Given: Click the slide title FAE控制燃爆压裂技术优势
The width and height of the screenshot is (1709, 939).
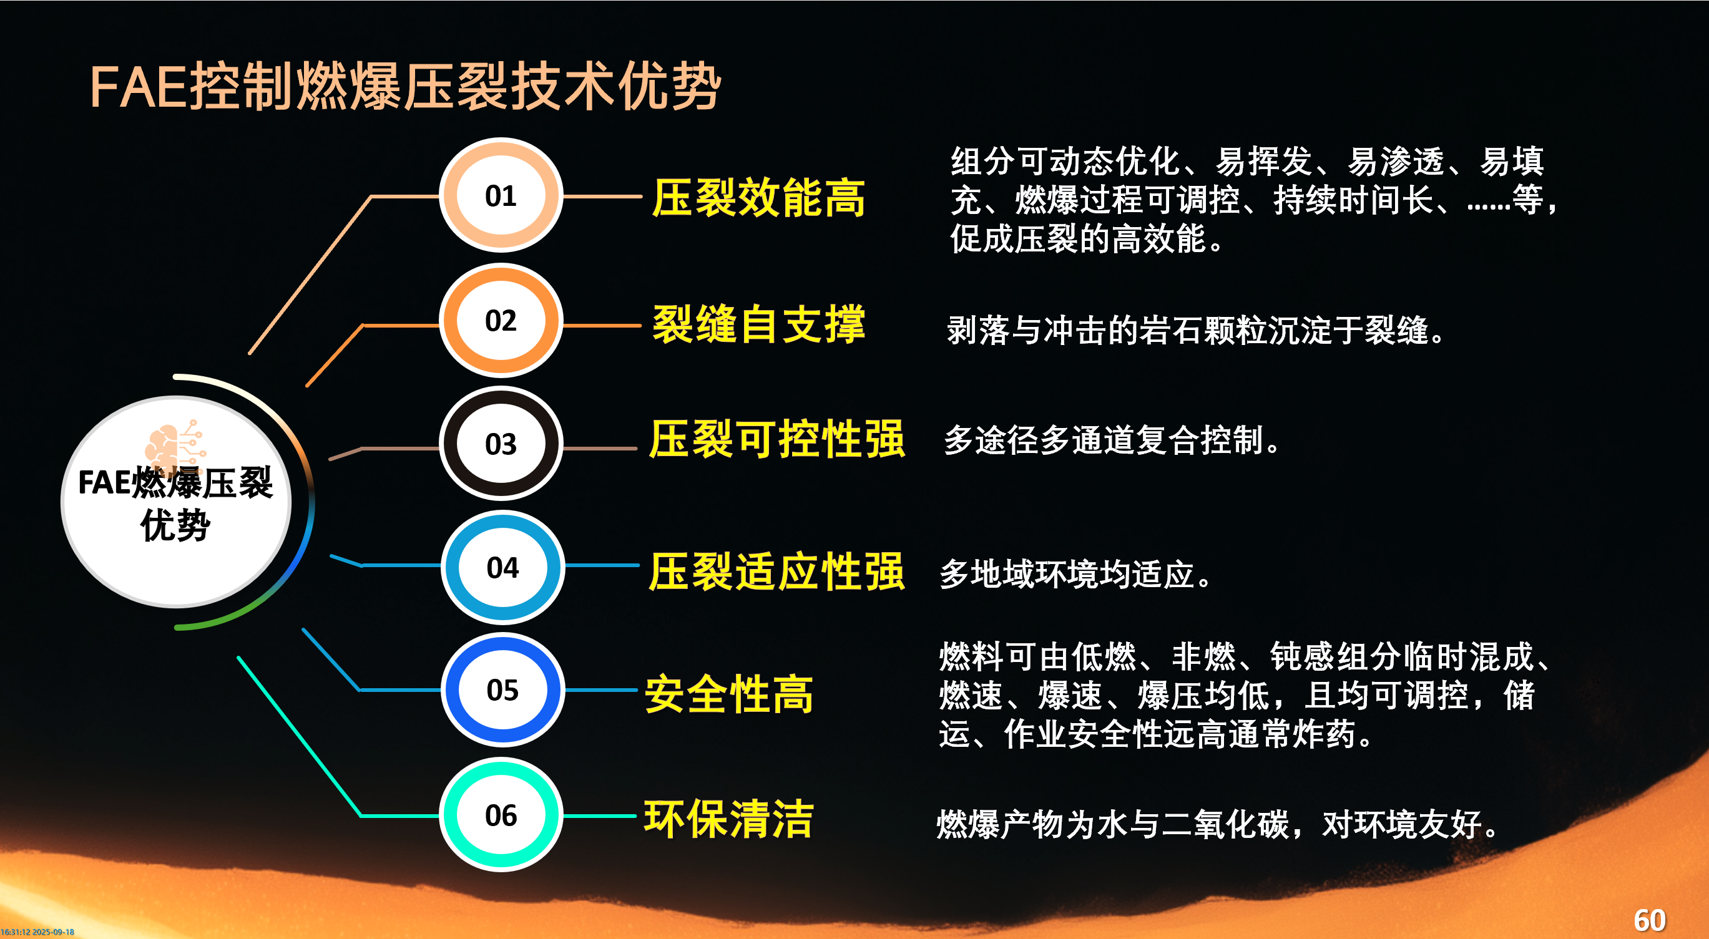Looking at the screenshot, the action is [405, 87].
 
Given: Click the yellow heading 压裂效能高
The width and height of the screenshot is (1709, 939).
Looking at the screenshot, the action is [758, 198].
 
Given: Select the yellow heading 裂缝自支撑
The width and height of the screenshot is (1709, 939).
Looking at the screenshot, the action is [758, 324].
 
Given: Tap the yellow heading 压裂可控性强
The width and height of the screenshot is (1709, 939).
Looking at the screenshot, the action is [777, 439].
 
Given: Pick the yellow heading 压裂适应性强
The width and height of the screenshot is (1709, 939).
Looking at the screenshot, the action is [777, 571].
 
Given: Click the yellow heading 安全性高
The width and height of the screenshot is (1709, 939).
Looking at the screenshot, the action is [728, 694].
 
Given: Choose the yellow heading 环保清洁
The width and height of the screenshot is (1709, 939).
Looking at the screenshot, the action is [728, 819].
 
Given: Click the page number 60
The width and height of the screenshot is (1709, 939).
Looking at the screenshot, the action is [1649, 920].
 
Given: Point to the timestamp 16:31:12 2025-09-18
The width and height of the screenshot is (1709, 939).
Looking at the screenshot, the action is [37, 932].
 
